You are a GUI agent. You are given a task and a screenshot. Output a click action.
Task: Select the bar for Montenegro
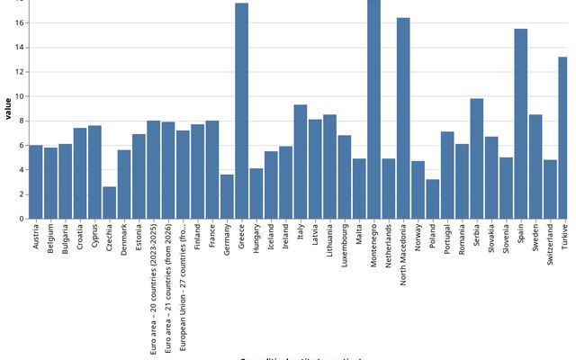click(373, 109)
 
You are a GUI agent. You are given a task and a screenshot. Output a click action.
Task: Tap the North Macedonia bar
click(403, 118)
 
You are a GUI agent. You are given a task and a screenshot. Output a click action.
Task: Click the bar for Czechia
click(109, 202)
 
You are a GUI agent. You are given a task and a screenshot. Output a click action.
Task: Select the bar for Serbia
click(477, 158)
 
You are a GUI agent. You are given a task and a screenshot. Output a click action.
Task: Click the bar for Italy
click(301, 162)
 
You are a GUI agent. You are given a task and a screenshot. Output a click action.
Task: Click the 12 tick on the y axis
click(20, 72)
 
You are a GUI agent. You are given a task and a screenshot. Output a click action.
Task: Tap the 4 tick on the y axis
click(22, 170)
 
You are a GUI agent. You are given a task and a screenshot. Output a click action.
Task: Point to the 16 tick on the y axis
click(20, 22)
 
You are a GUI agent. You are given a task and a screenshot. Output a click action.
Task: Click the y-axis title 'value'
click(8, 109)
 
